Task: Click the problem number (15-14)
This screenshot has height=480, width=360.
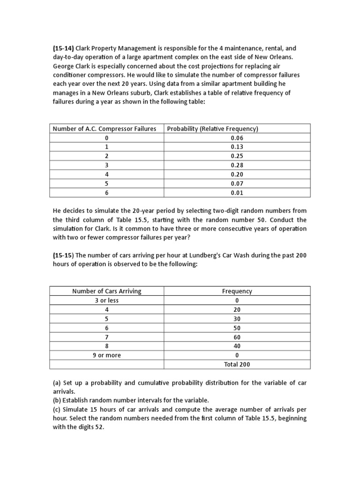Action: [63, 48]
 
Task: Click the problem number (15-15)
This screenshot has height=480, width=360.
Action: [63, 255]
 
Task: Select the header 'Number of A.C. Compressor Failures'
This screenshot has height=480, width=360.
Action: [105, 128]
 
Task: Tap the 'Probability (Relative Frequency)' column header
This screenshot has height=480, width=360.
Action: [213, 128]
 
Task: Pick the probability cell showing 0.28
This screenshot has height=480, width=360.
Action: [237, 165]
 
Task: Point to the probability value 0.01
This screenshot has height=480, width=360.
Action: [237, 193]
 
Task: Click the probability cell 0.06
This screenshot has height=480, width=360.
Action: [237, 138]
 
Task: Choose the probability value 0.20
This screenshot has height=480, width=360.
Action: [237, 174]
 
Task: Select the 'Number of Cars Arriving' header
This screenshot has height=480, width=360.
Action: [106, 291]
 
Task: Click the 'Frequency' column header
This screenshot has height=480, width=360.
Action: [237, 291]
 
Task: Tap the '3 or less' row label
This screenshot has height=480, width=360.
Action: [106, 300]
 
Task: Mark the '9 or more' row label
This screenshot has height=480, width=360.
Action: [106, 355]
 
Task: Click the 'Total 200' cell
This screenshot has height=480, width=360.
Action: [237, 365]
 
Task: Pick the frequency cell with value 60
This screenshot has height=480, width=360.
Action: [237, 337]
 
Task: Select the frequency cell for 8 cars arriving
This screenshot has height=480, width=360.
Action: [237, 346]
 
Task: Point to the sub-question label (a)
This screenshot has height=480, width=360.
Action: [57, 383]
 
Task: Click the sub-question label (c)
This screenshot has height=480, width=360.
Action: [57, 410]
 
